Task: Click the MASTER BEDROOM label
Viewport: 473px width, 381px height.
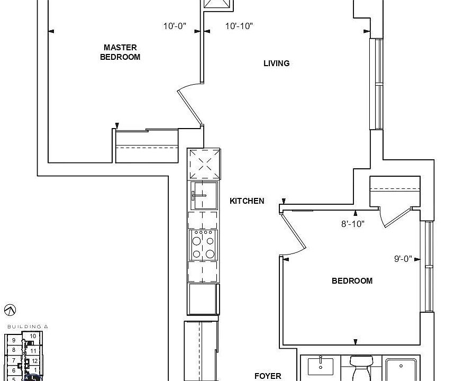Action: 120,52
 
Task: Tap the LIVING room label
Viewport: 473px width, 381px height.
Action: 276,63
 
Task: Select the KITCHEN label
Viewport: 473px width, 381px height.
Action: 247,201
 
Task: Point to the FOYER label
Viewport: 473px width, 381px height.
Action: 268,376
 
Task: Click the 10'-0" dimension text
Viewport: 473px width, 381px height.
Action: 175,26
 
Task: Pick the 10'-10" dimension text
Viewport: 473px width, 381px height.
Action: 239,26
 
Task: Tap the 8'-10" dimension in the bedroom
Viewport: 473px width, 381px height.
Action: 353,224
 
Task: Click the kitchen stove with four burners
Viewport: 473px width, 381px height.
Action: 203,245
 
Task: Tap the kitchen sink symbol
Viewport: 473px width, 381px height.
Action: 204,196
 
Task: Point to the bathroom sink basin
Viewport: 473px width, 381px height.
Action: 320,366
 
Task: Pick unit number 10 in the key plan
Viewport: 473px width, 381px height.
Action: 33,336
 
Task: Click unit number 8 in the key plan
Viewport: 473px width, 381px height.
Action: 14,350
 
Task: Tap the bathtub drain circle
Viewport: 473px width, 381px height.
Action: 402,365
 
